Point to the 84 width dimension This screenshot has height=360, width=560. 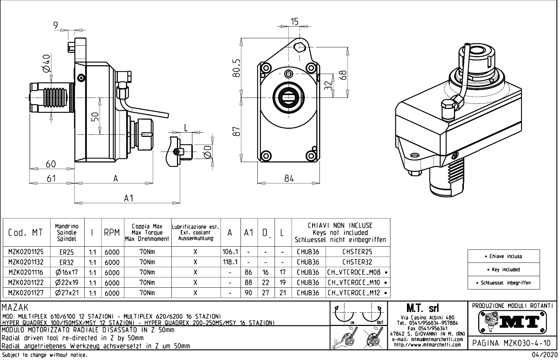[x=289, y=178]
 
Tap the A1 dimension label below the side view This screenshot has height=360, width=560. [x=129, y=198]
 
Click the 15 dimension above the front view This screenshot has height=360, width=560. [x=295, y=22]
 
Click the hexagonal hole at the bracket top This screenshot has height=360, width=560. [x=299, y=47]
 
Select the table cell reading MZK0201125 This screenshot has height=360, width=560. [x=26, y=252]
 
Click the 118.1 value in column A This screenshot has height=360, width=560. [x=230, y=262]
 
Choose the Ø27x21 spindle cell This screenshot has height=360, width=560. [x=67, y=293]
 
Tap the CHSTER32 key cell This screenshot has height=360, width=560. [x=357, y=262]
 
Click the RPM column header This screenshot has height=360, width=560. [x=112, y=233]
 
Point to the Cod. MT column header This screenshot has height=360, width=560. [x=26, y=233]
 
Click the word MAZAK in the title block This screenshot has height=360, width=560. [x=15, y=308]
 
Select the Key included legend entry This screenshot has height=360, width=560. [x=503, y=269]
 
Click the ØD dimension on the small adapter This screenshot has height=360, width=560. [x=207, y=152]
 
